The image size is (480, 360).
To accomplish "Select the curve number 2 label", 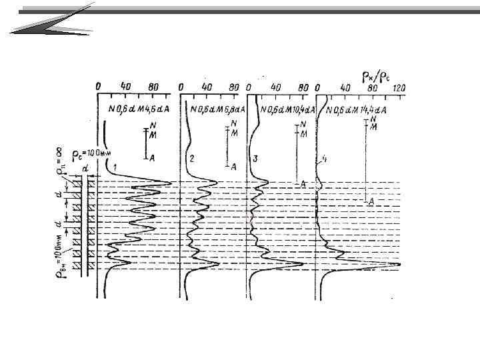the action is click(x=192, y=159).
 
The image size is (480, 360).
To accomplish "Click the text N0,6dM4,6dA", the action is click(x=137, y=109).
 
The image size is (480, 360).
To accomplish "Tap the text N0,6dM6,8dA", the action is click(x=217, y=109).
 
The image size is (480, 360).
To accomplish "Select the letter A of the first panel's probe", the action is click(x=153, y=157).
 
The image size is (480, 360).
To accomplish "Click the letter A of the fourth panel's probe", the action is click(x=371, y=199).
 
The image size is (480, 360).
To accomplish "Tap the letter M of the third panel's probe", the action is click(x=303, y=134).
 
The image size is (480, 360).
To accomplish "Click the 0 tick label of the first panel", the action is click(x=98, y=87).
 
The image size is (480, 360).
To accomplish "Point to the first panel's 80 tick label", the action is click(x=154, y=87).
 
